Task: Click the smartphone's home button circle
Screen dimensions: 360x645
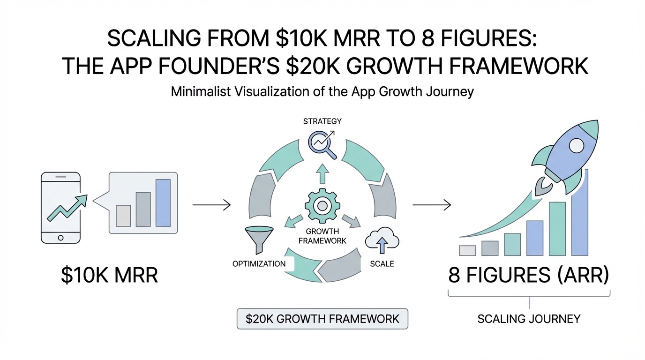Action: pos(60,237)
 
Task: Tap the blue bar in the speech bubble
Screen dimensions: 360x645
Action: pos(164,203)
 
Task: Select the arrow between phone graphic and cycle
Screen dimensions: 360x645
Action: pos(211,205)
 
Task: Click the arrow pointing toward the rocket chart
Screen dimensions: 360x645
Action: pos(431,205)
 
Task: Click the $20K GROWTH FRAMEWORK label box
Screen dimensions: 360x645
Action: pos(322,319)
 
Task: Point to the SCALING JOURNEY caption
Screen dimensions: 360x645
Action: pos(529,319)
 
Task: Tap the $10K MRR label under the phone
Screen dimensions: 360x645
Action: pos(110,276)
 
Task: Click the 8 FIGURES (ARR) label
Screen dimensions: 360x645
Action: pos(529,276)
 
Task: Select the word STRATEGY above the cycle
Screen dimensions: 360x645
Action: pos(322,121)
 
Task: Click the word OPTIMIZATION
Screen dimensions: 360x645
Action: pos(259,263)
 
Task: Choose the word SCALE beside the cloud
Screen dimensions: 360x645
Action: pos(382,263)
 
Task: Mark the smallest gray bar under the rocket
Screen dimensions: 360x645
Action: pos(467,250)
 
